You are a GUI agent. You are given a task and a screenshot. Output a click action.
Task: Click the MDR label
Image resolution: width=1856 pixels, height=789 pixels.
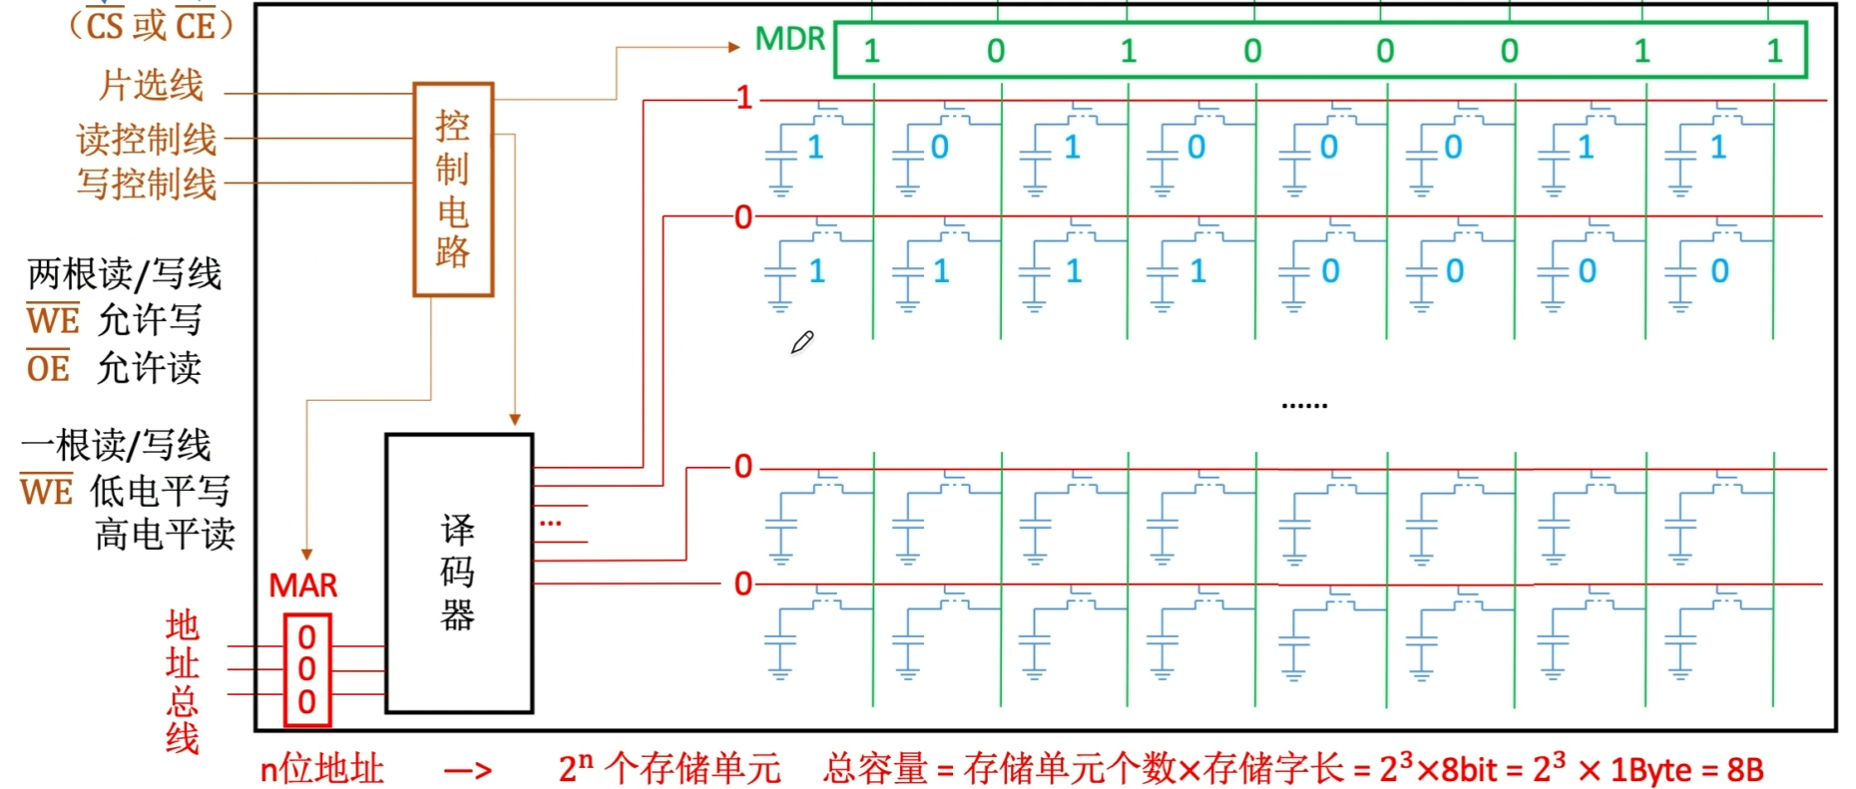click(x=789, y=39)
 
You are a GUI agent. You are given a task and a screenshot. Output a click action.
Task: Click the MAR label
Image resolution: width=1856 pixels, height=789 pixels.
click(x=303, y=585)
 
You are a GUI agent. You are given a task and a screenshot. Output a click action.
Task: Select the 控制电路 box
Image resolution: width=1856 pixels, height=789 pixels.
click(x=453, y=190)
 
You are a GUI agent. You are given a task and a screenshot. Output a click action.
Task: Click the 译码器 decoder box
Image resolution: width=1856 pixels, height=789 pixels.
click(x=459, y=573)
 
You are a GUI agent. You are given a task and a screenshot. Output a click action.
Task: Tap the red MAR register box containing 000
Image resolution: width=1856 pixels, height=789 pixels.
click(x=306, y=669)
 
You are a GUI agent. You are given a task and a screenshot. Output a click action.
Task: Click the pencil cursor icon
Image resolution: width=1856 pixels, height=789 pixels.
click(x=802, y=342)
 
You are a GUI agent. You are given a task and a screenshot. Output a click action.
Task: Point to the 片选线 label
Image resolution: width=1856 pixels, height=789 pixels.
click(x=151, y=85)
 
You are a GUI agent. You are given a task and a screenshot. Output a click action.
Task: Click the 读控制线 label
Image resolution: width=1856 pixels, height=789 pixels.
click(x=147, y=139)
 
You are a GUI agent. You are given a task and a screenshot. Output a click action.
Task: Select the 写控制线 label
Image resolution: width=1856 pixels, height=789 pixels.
click(x=147, y=184)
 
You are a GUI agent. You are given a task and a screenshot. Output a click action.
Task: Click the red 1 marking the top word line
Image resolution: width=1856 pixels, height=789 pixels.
click(x=743, y=98)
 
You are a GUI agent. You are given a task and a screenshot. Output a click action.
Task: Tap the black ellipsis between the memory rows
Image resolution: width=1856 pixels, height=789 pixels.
click(x=1304, y=405)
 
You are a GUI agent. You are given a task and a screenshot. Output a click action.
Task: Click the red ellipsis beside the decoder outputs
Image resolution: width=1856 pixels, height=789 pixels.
click(x=551, y=522)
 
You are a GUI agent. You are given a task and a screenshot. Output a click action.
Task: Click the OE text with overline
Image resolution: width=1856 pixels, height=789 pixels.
click(x=48, y=368)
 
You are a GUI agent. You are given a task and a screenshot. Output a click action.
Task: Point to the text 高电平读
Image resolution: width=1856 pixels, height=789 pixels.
click(x=165, y=535)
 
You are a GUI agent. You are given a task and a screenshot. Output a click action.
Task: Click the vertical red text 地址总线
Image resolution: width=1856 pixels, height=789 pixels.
click(x=182, y=681)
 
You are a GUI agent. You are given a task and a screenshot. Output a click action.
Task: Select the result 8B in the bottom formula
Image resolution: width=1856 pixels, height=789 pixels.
click(x=1744, y=769)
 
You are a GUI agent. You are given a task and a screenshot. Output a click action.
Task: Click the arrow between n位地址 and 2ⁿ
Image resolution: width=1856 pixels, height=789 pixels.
click(x=468, y=770)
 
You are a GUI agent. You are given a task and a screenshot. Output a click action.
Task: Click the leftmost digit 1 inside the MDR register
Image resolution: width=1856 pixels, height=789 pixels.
click(x=871, y=51)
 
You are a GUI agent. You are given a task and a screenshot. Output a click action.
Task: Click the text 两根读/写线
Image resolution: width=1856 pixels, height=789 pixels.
click(x=125, y=273)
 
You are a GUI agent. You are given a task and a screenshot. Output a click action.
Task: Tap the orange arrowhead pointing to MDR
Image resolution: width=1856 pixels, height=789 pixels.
click(x=733, y=46)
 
